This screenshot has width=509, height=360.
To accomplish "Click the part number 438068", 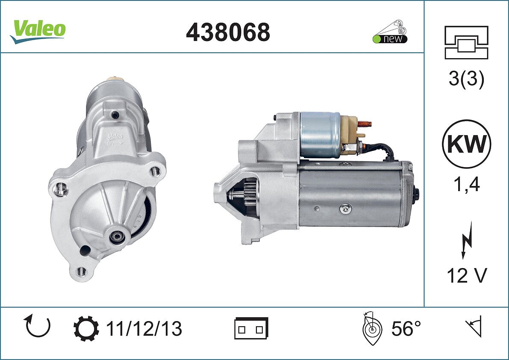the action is point(228,32).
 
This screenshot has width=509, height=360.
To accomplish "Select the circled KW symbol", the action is point(466,144).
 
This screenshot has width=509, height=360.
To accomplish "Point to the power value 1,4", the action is point(466,185).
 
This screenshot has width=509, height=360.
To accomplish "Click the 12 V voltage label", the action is point(467,276).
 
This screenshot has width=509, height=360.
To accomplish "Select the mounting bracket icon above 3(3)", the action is point(466,42).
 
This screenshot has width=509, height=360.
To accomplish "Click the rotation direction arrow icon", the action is point(38,326).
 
